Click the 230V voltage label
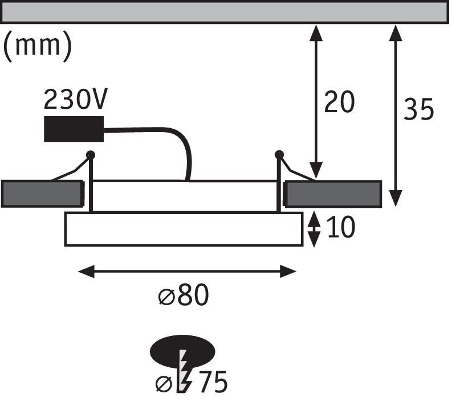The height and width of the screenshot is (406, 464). click(75, 100)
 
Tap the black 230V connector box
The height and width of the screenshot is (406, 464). click(74, 129)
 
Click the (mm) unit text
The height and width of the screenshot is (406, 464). click(38, 46)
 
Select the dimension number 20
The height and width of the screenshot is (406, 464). click(339, 102)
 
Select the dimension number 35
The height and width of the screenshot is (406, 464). click(419, 109)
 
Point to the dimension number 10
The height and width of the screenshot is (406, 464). click(341, 228)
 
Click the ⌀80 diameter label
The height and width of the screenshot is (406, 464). click(183, 296)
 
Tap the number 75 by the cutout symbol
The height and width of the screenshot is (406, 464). click(213, 383)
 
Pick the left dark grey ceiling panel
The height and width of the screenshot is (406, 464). click(42, 194)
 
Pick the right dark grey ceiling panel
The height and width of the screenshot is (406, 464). click(333, 194)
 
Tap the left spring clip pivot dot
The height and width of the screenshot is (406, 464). click(90, 154)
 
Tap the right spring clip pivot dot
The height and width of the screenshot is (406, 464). click(279, 154)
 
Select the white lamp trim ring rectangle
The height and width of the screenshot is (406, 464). click(184, 229)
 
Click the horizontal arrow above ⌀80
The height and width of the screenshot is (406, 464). click(186, 272)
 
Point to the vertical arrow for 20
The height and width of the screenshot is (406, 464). click(315, 102)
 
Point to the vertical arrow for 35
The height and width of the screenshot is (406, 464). click(396, 114)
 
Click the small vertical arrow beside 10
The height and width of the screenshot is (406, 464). click(314, 228)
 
